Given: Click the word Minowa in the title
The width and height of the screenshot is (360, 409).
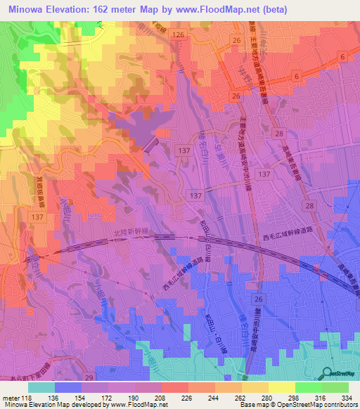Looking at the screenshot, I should pos(28,9).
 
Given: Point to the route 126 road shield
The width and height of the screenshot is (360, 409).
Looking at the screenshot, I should pos(179,35).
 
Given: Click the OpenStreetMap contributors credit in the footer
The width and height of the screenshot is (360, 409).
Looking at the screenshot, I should pos(319,405).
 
